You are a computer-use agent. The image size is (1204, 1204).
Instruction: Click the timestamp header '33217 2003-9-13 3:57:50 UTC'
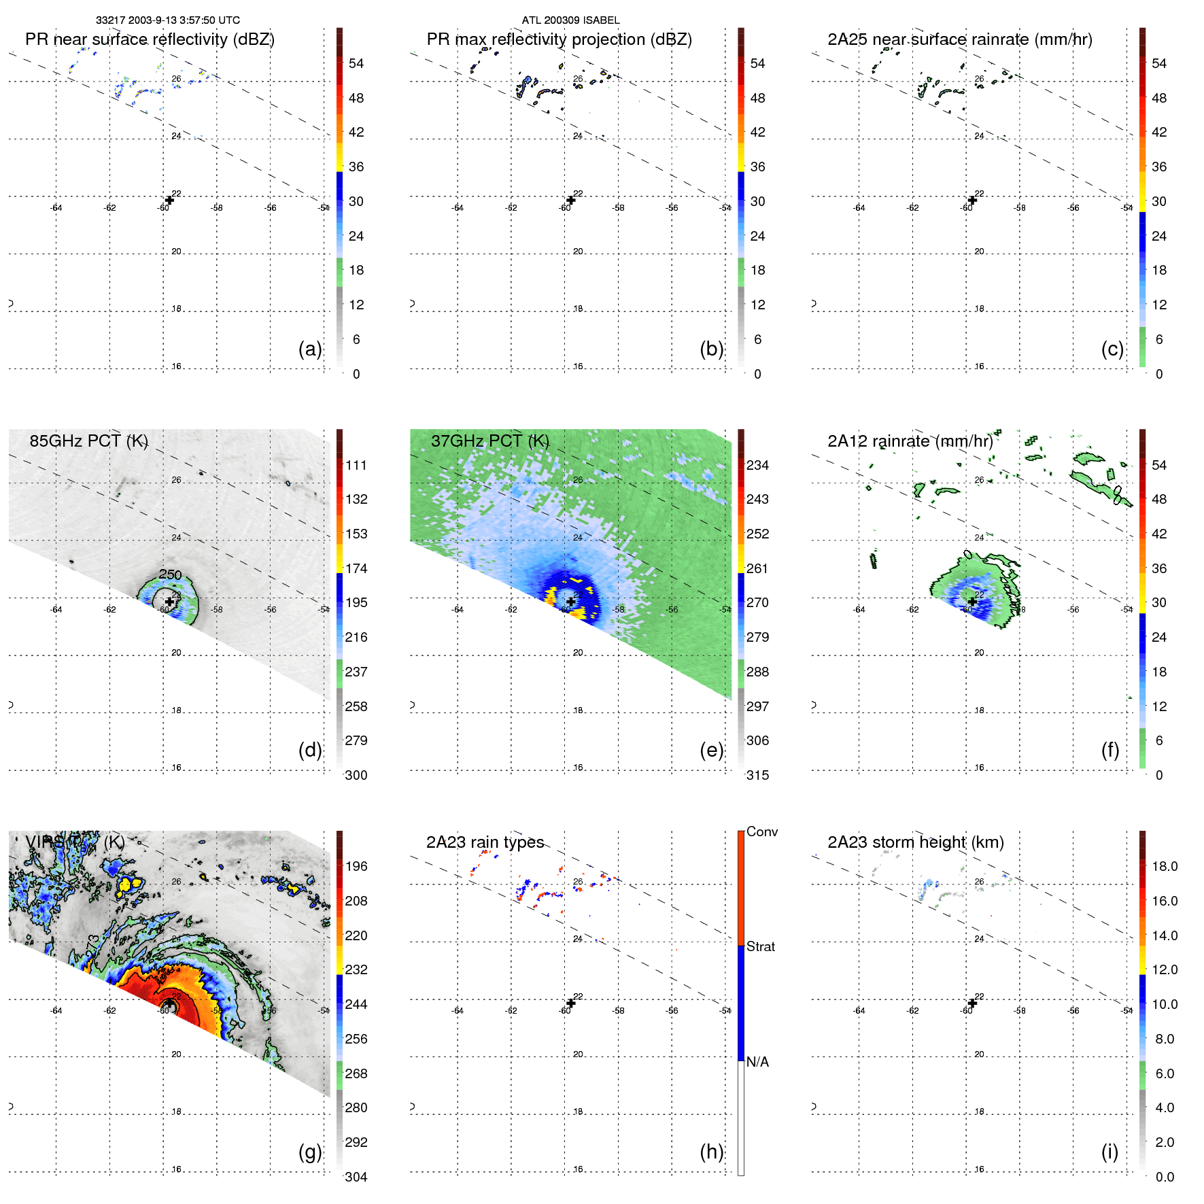pos(167,20)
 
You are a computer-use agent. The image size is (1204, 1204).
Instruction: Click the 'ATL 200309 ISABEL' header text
pos(570,20)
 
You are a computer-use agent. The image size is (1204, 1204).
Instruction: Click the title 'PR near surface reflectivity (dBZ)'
pos(150,39)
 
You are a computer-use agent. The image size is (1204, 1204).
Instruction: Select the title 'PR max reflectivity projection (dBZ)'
pos(559,39)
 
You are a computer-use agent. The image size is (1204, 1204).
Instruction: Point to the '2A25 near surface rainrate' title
pos(959,39)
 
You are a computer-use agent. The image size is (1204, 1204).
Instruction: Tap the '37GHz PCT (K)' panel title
pos(489,441)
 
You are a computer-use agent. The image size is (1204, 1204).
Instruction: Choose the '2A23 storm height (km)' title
pos(915,842)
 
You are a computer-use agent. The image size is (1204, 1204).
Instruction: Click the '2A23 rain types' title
pos(485,842)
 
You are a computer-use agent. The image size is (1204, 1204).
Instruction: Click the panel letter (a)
pos(310,349)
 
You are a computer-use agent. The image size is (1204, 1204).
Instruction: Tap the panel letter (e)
pos(711,750)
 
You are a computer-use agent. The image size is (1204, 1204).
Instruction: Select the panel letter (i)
pos(1110,1152)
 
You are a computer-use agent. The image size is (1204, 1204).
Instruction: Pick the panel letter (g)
pos(310,1152)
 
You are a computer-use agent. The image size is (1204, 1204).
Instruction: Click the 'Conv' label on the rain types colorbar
pos(761,831)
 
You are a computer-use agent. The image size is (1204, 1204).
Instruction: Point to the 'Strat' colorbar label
pos(760,946)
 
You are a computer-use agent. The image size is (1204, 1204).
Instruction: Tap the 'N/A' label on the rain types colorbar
pos(757,1062)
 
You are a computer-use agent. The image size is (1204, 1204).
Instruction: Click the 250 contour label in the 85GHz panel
pos(170,574)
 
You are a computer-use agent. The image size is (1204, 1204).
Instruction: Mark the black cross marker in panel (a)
pos(169,200)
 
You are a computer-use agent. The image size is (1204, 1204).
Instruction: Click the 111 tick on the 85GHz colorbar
pos(356,465)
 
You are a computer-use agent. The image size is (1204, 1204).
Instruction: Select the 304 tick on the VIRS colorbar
pos(356,1177)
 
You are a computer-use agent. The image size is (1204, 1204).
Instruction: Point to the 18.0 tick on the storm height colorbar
pos(1164,866)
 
